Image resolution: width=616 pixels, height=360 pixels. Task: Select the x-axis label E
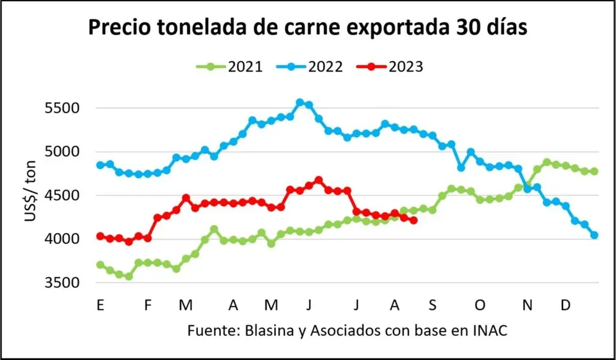coord(100,306)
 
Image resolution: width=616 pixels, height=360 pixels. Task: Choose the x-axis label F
coord(148,306)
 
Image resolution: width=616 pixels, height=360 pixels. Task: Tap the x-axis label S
coord(432,306)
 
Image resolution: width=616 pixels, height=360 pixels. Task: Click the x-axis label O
coord(479,306)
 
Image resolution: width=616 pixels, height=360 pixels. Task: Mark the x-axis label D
coord(565,306)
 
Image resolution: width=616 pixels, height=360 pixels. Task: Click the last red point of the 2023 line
coord(413,220)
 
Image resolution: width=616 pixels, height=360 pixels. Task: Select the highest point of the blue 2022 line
coord(300,103)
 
